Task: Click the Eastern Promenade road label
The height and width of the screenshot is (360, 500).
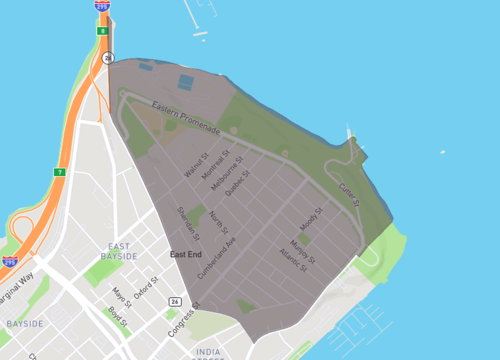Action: pyautogui.click(x=185, y=117)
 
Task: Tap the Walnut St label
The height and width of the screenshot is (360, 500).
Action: pyautogui.click(x=196, y=166)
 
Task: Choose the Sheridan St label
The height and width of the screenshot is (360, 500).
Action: pyautogui.click(x=188, y=223)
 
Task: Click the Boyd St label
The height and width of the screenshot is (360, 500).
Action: pyautogui.click(x=117, y=317)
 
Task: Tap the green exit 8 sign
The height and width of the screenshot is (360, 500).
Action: pyautogui.click(x=101, y=32)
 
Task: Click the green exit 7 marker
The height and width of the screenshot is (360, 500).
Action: pyautogui.click(x=59, y=173)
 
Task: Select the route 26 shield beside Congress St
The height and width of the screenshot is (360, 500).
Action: pyautogui.click(x=175, y=300)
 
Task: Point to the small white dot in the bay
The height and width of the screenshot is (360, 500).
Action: pyautogui.click(x=442, y=152)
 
